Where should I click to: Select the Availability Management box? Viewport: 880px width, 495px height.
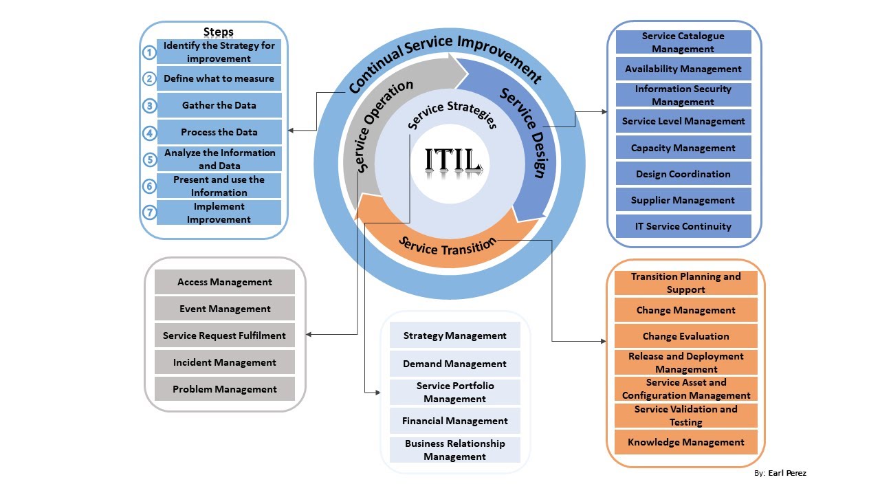(x=683, y=69)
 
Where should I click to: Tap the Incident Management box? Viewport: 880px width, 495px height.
(x=224, y=362)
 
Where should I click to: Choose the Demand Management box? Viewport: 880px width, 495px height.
(x=454, y=364)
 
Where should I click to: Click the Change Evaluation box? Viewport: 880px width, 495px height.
(x=685, y=336)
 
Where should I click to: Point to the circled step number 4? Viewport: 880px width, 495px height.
(x=149, y=132)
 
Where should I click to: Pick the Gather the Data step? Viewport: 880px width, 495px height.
(x=219, y=105)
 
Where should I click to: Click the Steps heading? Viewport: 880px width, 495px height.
(x=219, y=32)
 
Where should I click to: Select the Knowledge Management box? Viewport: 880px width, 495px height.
(x=685, y=442)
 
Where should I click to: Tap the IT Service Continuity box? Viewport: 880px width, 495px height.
(x=683, y=226)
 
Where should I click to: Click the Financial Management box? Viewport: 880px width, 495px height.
(x=454, y=421)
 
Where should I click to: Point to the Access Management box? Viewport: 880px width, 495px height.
(x=224, y=282)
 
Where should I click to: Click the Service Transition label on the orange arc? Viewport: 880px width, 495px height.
(x=447, y=245)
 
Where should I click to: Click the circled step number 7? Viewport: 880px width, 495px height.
(x=149, y=212)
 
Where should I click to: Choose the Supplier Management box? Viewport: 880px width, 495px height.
(x=683, y=200)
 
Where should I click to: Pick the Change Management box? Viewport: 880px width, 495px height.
(x=685, y=310)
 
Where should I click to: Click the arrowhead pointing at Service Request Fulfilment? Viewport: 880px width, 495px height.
(x=309, y=335)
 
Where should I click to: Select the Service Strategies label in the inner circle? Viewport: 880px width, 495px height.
(x=452, y=114)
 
